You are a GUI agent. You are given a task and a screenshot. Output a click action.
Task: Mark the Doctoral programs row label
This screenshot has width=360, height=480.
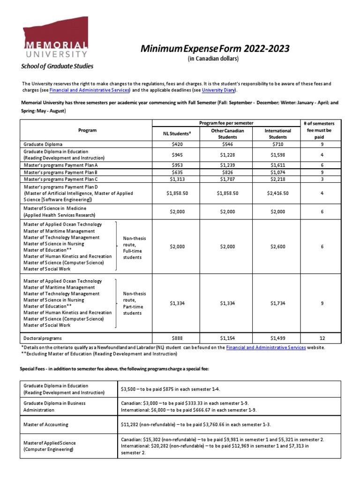click(x=43, y=337)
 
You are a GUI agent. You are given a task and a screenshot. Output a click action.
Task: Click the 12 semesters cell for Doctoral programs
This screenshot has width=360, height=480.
click(x=322, y=337)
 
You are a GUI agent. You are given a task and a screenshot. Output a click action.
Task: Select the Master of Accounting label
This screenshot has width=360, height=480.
click(x=46, y=425)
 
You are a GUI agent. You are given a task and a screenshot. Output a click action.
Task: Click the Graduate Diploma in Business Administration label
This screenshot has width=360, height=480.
click(x=54, y=406)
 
